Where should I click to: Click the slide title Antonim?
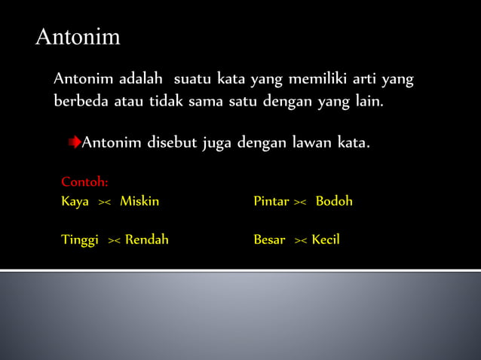(78, 37)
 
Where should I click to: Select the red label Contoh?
(84, 182)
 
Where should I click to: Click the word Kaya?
(75, 202)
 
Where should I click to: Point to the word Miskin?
(139, 202)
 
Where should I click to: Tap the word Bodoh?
(334, 202)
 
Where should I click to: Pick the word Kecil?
(326, 240)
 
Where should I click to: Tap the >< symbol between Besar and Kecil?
(300, 241)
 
